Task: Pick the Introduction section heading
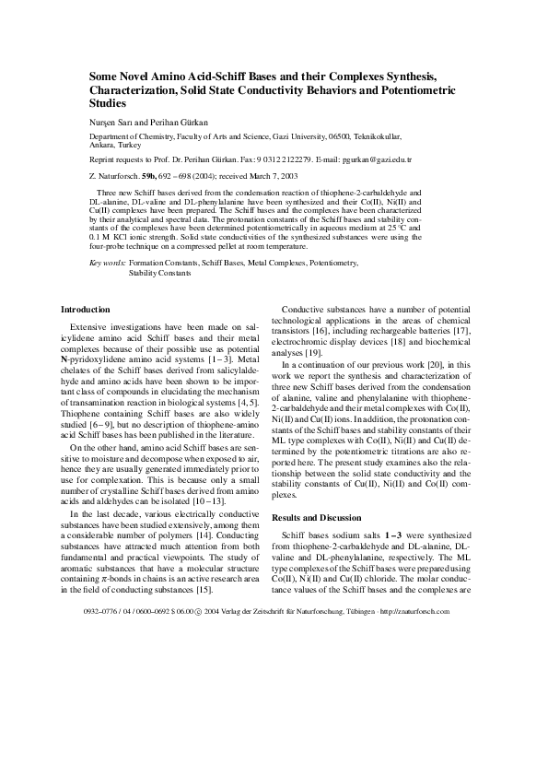click(x=85, y=310)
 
